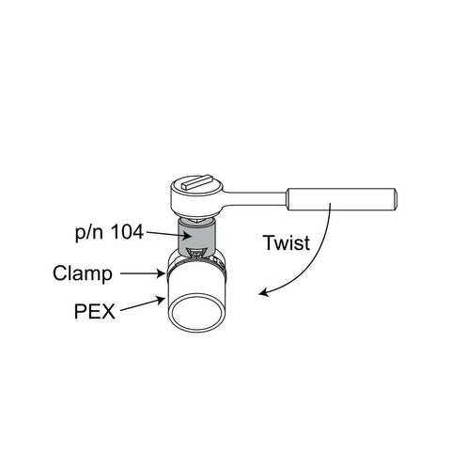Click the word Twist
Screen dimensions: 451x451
point(287,242)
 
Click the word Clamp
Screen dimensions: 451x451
point(83,273)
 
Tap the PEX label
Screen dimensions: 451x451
point(95,312)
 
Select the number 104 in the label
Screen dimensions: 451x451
point(127,232)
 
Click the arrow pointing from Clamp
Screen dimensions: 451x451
point(143,273)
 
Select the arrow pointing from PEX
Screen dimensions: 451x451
point(143,304)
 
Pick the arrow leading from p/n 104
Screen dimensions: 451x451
point(169,234)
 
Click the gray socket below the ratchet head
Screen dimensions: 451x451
point(196,237)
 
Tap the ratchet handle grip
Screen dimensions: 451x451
point(341,199)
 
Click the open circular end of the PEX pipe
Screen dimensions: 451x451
point(196,314)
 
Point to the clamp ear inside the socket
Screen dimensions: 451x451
point(195,254)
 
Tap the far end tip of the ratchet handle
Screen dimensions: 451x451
point(397,199)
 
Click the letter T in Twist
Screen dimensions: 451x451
point(269,242)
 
